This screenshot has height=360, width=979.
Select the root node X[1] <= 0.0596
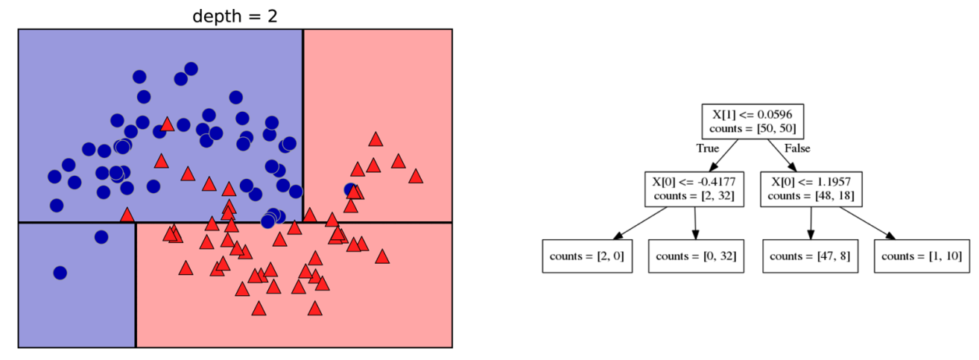click(752, 121)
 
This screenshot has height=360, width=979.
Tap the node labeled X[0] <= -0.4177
click(694, 189)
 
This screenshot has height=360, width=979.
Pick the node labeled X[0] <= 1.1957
click(811, 189)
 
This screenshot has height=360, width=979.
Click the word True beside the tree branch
click(707, 148)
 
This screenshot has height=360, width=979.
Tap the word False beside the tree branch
click(796, 148)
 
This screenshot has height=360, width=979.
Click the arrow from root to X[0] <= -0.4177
click(724, 154)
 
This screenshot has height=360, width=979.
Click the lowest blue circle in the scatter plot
click(60, 273)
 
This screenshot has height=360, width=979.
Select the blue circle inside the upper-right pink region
click(351, 189)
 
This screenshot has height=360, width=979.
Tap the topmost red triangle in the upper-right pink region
click(376, 139)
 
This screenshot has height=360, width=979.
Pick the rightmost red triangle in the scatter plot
click(416, 176)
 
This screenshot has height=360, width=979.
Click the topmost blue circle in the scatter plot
click(191, 69)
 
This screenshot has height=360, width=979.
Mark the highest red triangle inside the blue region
click(168, 124)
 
